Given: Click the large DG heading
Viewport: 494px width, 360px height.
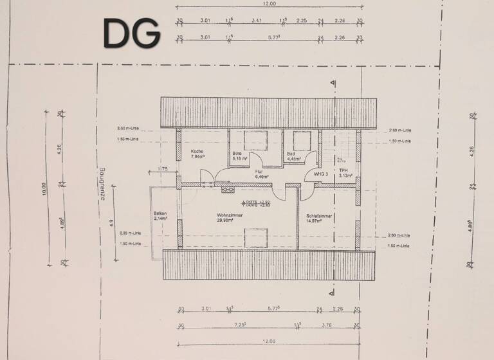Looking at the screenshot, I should [x=132, y=33].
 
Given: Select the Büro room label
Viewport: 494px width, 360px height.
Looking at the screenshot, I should [x=237, y=154].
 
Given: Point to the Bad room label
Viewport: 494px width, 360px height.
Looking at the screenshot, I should [x=291, y=154].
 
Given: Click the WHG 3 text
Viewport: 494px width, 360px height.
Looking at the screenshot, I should [x=321, y=174].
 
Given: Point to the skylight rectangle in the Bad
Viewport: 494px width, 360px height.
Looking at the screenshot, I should [x=302, y=139].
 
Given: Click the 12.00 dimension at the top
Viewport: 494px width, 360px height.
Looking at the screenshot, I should [x=269, y=4].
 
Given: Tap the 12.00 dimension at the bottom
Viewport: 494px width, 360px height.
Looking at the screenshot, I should [x=269, y=341].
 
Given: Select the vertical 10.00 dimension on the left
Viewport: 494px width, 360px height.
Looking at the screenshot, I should [x=43, y=189].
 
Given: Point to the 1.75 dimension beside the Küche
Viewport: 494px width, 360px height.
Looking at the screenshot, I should [x=163, y=168].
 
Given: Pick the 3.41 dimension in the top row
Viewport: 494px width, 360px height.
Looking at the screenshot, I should [x=257, y=21].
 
